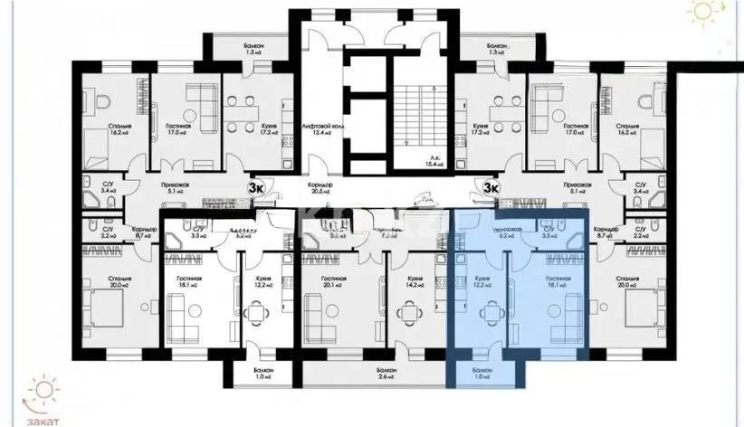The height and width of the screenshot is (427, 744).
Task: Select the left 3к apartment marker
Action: (257, 187)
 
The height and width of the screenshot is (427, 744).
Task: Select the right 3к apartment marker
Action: (491, 187)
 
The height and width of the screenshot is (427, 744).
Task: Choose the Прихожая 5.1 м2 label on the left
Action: (172, 186)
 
